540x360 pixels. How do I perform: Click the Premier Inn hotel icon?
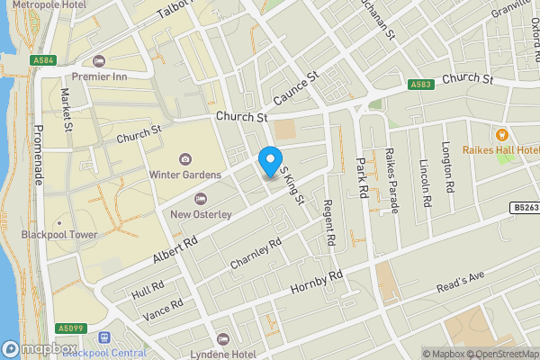[x=98, y=62]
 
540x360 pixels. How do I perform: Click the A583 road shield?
[x=420, y=85]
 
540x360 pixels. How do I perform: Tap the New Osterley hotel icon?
[x=200, y=198]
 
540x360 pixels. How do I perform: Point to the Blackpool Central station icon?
[x=105, y=339]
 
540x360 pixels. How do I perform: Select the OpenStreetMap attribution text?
[x=499, y=354]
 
